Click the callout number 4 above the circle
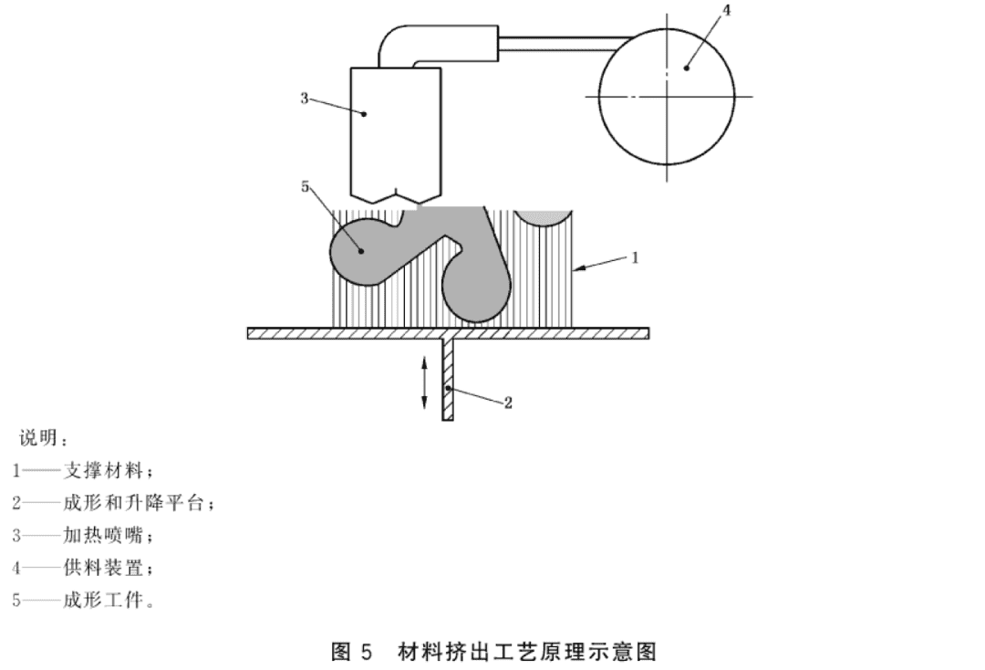pyautogui.click(x=727, y=11)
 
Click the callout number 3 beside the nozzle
pyautogui.click(x=305, y=99)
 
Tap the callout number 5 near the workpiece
pyautogui.click(x=306, y=187)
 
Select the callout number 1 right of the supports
pyautogui.click(x=635, y=257)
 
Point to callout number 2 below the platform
pyautogui.click(x=508, y=403)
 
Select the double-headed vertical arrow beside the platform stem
pyautogui.click(x=425, y=382)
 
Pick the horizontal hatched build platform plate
pyautogui.click(x=448, y=334)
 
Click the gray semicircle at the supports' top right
pyautogui.click(x=543, y=217)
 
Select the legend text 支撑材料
pyautogui.click(x=104, y=470)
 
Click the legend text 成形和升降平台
pyautogui.click(x=133, y=503)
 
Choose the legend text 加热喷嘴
pyautogui.click(x=104, y=536)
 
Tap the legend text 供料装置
pyautogui.click(x=104, y=568)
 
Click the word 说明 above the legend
pyautogui.click(x=38, y=437)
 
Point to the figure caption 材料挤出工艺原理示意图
pyautogui.click(x=527, y=652)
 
